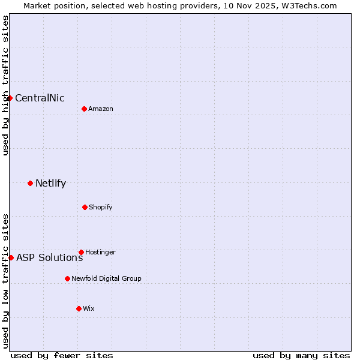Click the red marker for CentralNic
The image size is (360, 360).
tap(10, 98)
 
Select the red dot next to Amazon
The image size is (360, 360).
tap(84, 109)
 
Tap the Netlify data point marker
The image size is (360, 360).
tap(30, 183)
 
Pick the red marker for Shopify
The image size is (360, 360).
tap(85, 207)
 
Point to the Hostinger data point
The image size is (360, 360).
tap(81, 252)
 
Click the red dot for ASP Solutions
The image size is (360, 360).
tap(11, 257)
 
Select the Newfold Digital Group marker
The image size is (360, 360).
tap(67, 278)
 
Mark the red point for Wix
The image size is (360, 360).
tap(79, 308)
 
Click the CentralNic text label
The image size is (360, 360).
tap(40, 98)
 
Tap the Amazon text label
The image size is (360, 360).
tap(101, 109)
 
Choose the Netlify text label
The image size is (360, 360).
tap(50, 184)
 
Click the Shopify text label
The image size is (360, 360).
tap(101, 208)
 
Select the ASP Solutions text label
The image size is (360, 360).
tap(49, 258)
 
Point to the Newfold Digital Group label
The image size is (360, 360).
tap(106, 279)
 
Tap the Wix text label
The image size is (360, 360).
tap(89, 309)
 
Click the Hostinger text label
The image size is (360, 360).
tap(100, 253)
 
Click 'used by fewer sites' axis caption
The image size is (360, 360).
tap(62, 355)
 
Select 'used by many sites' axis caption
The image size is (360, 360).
tap(301, 355)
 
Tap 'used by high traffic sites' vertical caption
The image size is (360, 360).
tap(5, 85)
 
